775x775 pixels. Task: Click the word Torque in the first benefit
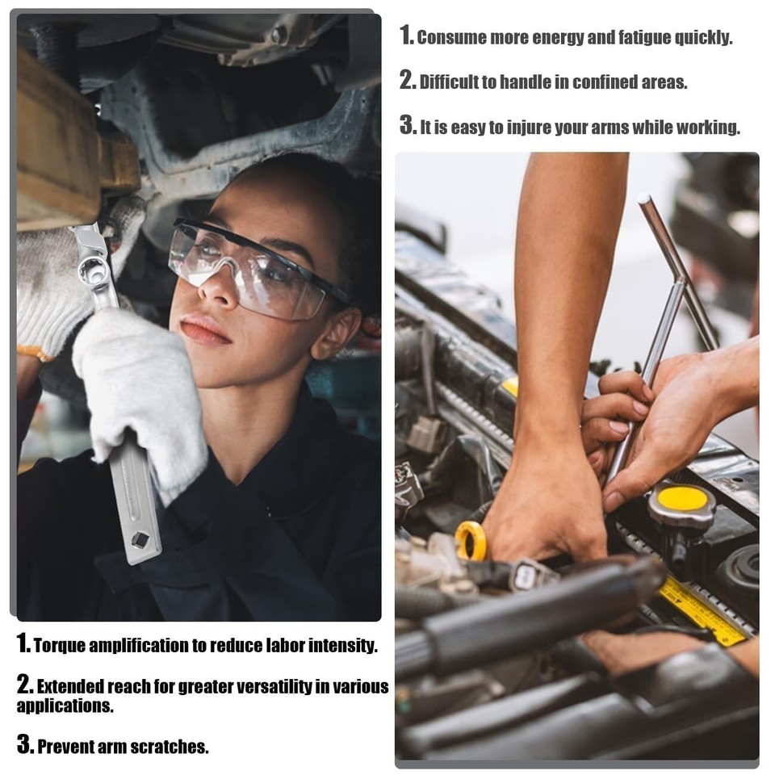(59, 646)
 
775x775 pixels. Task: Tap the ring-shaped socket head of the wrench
(92, 269)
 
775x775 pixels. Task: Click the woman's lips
(203, 329)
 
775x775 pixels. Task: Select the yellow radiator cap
(682, 501)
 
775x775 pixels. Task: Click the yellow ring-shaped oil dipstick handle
(471, 541)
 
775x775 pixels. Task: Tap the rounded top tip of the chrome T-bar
(643, 199)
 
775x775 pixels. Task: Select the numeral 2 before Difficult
(407, 81)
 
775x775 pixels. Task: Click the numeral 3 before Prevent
(24, 744)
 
